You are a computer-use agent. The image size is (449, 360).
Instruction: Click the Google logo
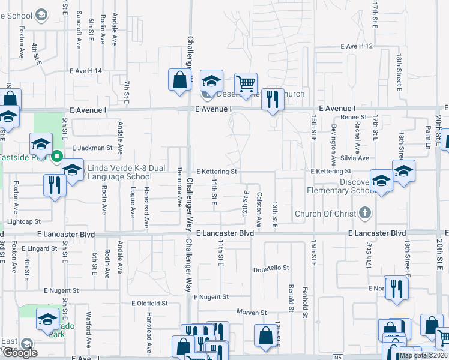(x=19, y=353)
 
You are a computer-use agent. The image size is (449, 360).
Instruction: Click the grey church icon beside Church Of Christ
(x=364, y=213)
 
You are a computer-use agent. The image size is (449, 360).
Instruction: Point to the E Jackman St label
(x=92, y=148)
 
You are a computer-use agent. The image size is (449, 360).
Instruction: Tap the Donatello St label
(x=271, y=268)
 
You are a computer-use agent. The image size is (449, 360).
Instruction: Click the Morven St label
(x=251, y=313)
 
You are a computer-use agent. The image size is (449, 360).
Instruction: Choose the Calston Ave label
(x=259, y=209)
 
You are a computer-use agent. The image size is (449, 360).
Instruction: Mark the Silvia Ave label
(x=355, y=158)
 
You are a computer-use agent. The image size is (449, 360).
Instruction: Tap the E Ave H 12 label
(x=357, y=46)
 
